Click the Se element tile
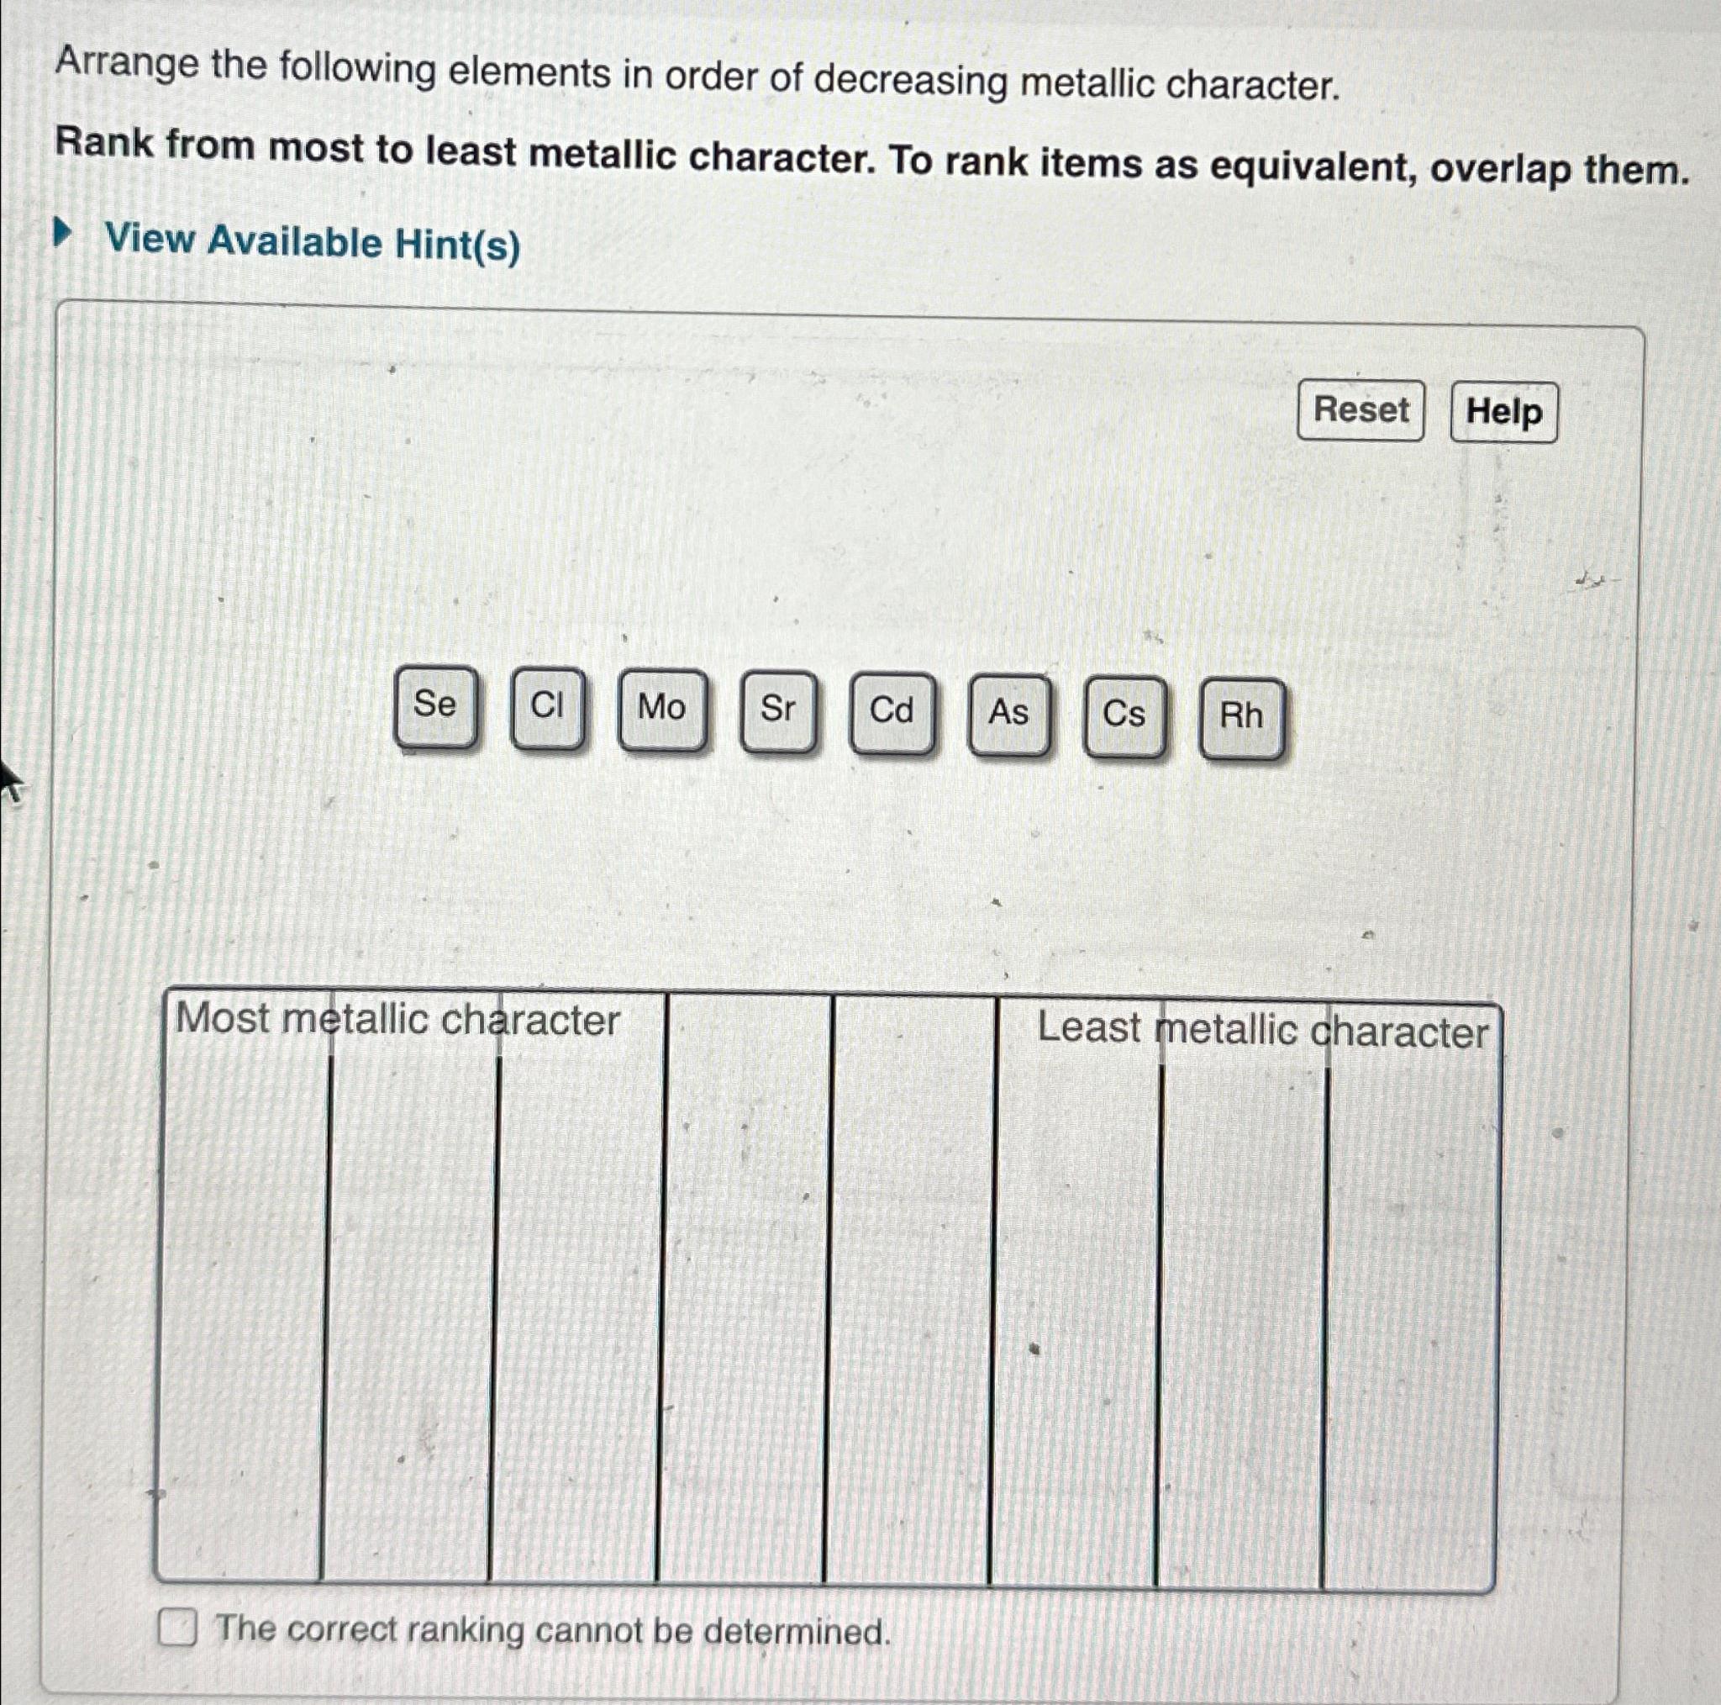tap(434, 707)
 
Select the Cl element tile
tap(547, 708)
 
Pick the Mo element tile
tap(662, 710)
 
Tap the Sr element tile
tap(777, 711)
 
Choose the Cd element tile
tap(892, 713)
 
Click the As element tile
tap(1008, 715)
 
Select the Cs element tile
tap(1124, 716)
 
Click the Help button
tap(1503, 413)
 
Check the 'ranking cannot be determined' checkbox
tap(177, 1628)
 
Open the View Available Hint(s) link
tap(313, 242)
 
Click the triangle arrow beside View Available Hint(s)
tap(61, 235)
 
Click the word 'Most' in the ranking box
tap(223, 1018)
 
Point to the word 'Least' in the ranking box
tap(1088, 1027)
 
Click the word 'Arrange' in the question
tap(128, 66)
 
